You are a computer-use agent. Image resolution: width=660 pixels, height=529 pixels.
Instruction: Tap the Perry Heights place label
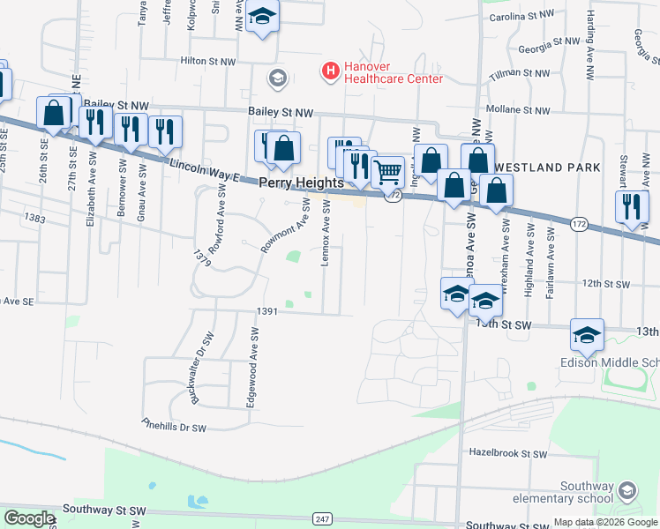[300, 183]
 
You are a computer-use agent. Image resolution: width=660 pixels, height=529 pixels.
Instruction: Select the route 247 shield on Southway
[323, 518]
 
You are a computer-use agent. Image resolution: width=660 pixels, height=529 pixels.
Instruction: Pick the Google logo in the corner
[30, 518]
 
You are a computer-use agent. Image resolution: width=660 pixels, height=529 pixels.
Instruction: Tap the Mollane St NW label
[519, 111]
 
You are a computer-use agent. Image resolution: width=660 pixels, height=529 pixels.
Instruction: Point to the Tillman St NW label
[519, 74]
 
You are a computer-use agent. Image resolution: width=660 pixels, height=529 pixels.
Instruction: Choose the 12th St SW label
[605, 284]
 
